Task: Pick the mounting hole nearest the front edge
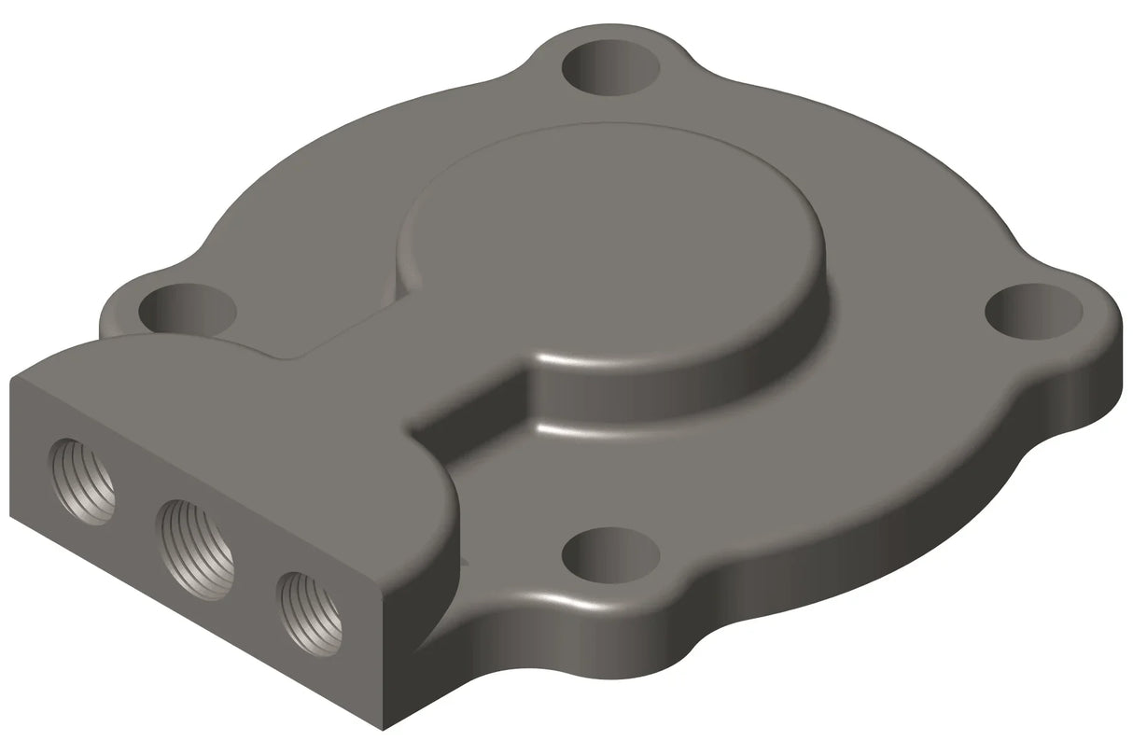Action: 610,555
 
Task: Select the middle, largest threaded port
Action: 195,549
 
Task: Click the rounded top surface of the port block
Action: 233,411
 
